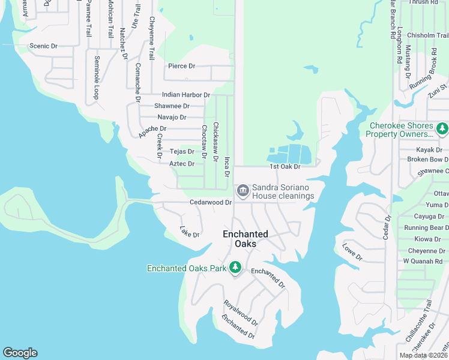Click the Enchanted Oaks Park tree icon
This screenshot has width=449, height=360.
(x=236, y=267)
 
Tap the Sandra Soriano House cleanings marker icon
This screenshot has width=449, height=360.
(x=243, y=191)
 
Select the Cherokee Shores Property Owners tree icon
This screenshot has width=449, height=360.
(x=442, y=128)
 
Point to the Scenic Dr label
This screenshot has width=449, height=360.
(x=44, y=46)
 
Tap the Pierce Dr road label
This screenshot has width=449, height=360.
(x=181, y=66)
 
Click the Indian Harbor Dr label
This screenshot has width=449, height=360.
(x=186, y=95)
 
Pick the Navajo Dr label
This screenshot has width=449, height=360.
(x=172, y=117)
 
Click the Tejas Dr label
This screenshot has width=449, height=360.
(x=182, y=152)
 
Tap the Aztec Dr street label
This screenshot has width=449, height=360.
(x=182, y=163)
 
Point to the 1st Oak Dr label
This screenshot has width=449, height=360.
(x=285, y=166)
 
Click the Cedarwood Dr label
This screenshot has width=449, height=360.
(x=211, y=203)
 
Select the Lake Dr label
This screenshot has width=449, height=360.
(x=190, y=231)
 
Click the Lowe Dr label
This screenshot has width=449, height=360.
(x=352, y=252)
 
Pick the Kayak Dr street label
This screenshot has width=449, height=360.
(x=429, y=149)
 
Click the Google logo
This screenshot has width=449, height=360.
(x=20, y=353)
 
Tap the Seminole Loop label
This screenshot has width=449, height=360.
(x=96, y=78)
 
